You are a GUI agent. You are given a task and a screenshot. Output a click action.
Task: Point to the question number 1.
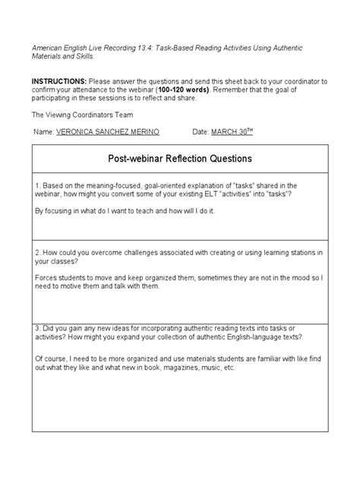(37, 185)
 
